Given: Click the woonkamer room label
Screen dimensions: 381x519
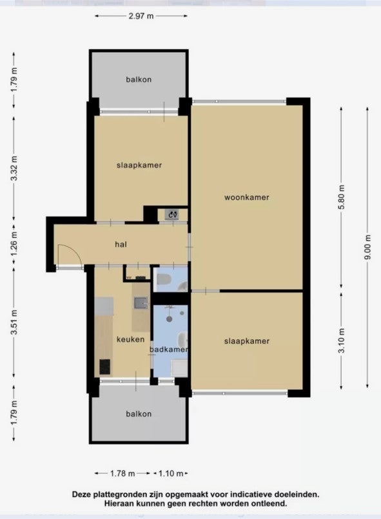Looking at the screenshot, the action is point(247,197).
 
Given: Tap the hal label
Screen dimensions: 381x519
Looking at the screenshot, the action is point(121,244).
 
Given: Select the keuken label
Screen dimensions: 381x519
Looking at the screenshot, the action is point(130,339).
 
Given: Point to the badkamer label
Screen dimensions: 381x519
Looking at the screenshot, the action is point(169,349).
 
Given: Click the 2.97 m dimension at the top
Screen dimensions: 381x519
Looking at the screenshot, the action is point(141,16).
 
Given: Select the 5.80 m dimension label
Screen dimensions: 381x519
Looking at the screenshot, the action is point(342,197).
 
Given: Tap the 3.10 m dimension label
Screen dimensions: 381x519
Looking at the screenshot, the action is point(342,340).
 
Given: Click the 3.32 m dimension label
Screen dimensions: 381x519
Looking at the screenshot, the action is point(14,168).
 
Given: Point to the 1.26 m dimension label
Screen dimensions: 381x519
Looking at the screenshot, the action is point(14,244).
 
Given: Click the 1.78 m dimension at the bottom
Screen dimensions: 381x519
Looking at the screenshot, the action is point(122,473).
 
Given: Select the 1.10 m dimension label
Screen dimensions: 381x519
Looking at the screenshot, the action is point(170,473).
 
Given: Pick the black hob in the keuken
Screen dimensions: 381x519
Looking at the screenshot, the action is point(105,367).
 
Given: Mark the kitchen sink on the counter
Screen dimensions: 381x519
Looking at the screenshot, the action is point(141,302).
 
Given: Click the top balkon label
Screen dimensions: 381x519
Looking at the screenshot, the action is point(139,79).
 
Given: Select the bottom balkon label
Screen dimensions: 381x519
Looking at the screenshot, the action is point(139,414).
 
